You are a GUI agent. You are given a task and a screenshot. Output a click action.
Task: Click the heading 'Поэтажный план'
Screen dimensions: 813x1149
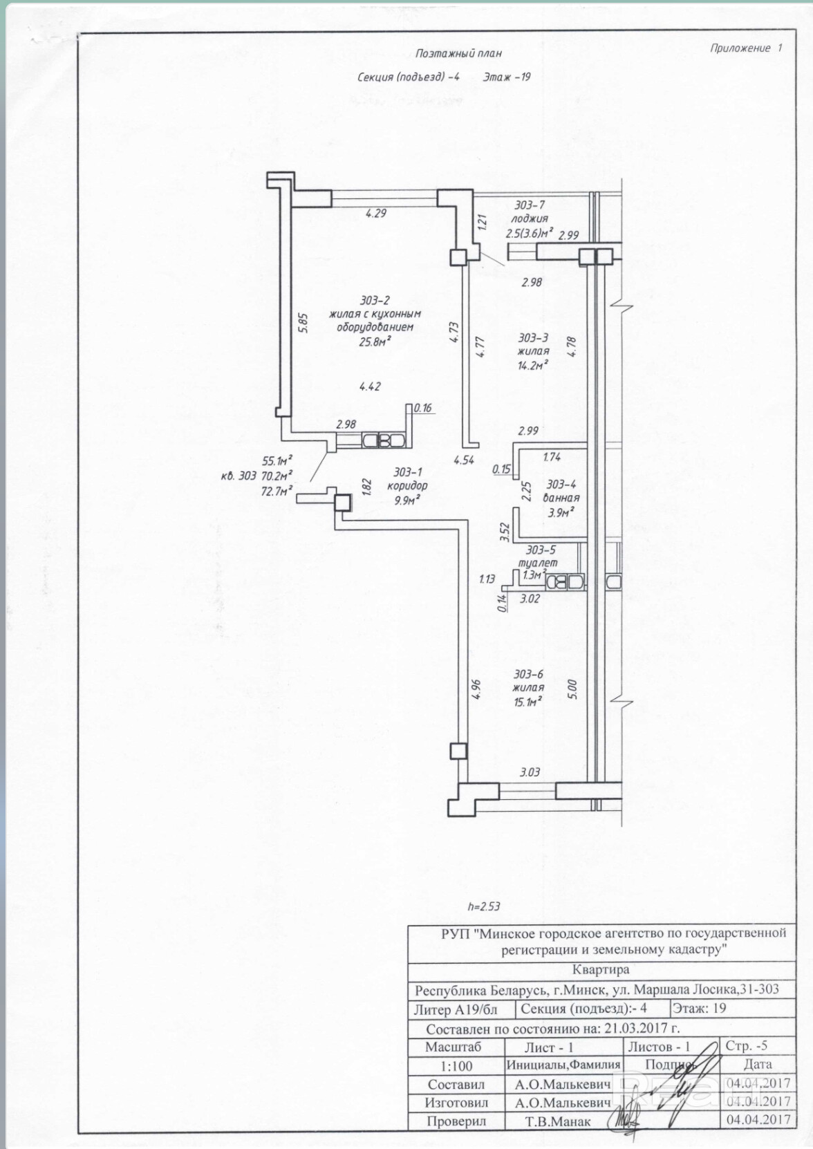458,53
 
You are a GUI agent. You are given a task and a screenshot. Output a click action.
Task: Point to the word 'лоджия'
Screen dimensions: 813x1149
530,218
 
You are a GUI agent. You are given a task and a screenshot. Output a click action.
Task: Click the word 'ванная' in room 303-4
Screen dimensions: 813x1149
561,498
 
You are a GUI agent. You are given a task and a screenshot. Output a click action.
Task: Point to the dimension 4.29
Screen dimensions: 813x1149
375,213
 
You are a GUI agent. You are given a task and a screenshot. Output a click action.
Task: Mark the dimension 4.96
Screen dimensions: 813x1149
475,690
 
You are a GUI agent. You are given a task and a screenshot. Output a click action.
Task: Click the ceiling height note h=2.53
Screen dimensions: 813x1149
483,906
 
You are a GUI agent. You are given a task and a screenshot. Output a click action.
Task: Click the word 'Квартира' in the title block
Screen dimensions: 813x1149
601,970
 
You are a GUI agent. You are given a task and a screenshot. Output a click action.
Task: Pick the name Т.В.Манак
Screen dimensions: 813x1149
558,1121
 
